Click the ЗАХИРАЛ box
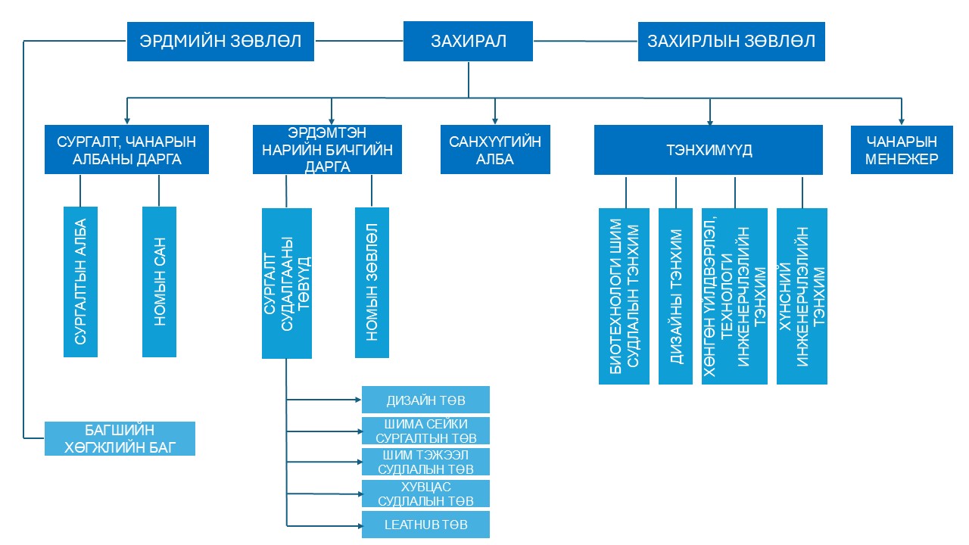tap(469, 42)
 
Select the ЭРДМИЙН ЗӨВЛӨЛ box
tap(220, 42)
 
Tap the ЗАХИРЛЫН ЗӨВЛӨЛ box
tap(731, 42)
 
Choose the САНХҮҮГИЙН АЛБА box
tap(495, 150)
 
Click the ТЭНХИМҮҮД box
tap(708, 150)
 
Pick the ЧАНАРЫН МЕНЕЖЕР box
tap(902, 150)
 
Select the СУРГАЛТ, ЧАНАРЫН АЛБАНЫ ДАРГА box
tap(126, 150)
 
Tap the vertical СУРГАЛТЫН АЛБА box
tap(80, 282)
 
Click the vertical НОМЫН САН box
tap(159, 282)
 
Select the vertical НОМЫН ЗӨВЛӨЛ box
tap(372, 282)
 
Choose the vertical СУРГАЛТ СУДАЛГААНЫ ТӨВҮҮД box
tap(287, 283)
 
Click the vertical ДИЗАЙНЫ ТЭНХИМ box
tap(675, 296)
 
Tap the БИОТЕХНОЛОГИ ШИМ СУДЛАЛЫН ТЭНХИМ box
tap(625, 296)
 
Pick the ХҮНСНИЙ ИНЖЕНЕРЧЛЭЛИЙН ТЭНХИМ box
tap(802, 296)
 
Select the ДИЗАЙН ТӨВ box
tap(425, 400)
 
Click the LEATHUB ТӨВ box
tap(425, 525)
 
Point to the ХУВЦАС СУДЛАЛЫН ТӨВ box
tap(425, 494)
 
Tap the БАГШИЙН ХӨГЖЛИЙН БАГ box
tap(120, 438)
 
